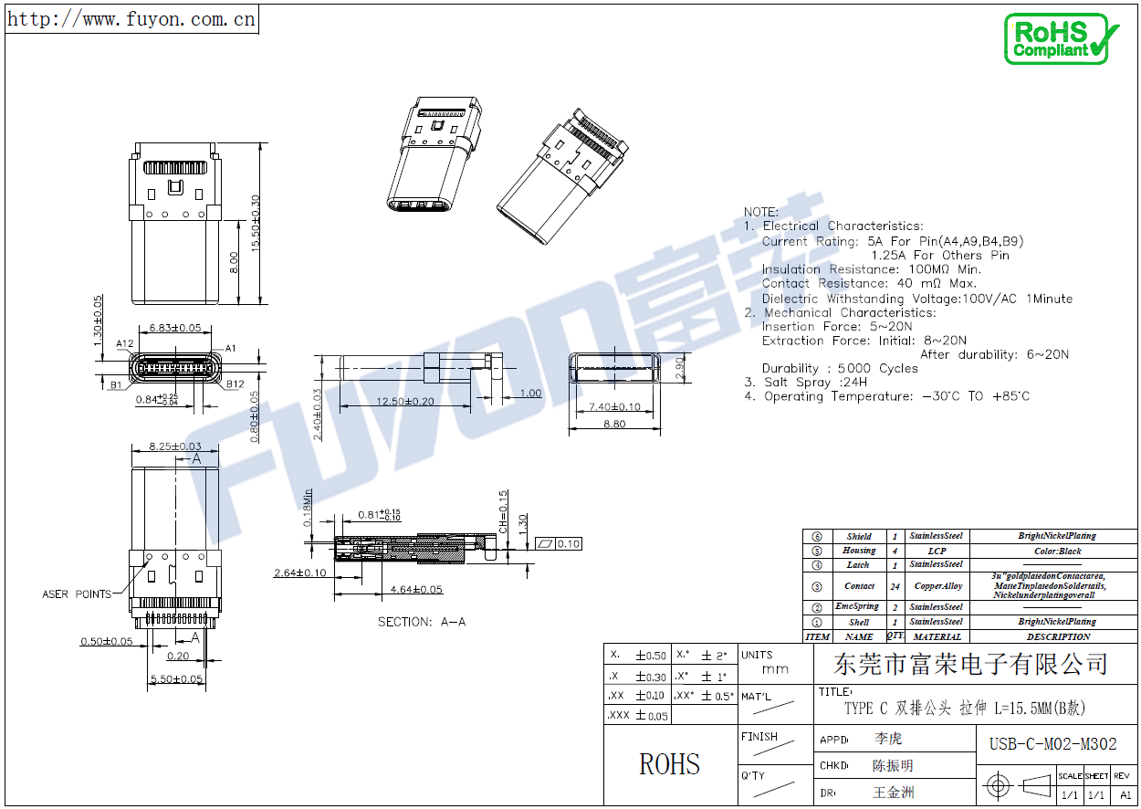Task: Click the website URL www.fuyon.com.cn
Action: [131, 18]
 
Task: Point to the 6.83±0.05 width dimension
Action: [174, 328]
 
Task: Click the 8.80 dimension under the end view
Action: [614, 424]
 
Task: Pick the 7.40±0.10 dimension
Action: [613, 406]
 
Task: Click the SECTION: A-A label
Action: [422, 622]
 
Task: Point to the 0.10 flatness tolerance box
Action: [568, 543]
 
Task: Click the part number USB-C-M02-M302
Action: [1052, 744]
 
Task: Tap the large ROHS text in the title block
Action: [669, 764]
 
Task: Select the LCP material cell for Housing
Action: [937, 551]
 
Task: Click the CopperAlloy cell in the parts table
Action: [937, 586]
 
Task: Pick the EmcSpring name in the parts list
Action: [858, 606]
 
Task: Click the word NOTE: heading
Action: [760, 212]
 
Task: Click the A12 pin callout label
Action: [125, 344]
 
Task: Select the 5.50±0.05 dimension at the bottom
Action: [175, 678]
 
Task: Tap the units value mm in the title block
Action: [775, 669]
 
